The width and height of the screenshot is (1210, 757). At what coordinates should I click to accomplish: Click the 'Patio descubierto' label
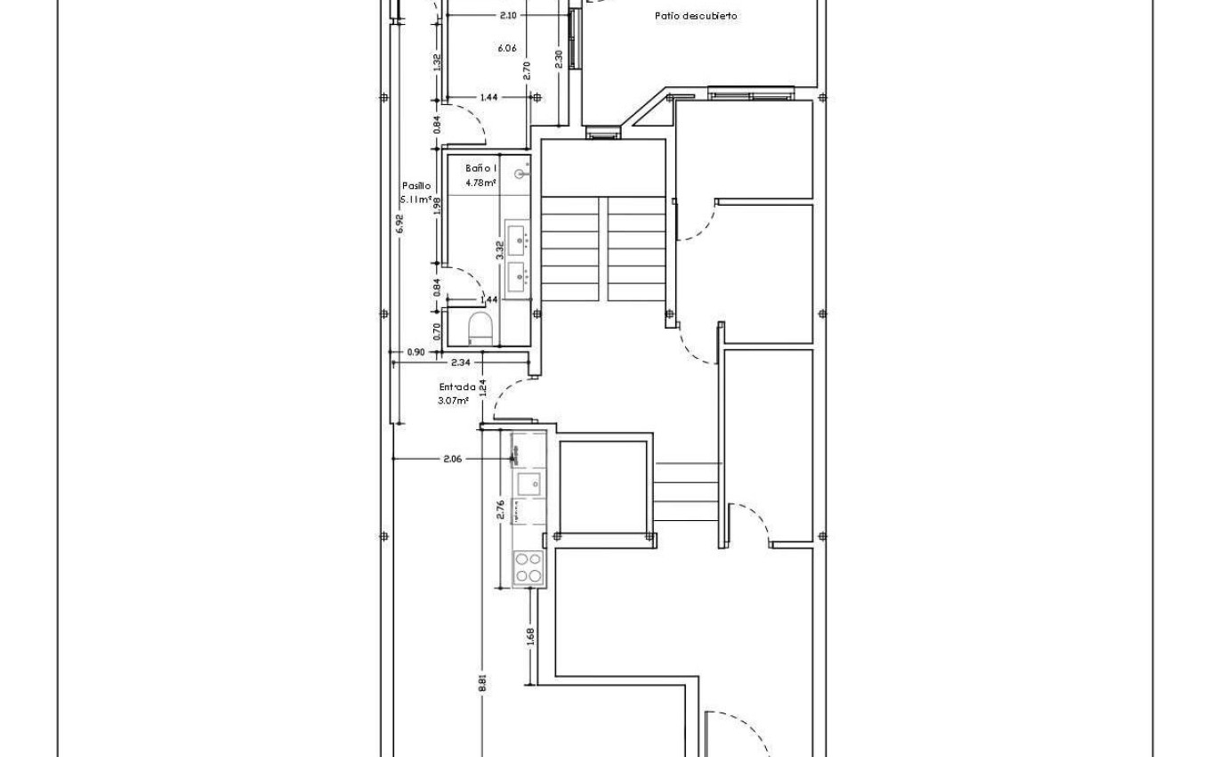[x=696, y=16]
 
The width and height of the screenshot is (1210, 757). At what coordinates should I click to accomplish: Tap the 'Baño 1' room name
[x=481, y=168]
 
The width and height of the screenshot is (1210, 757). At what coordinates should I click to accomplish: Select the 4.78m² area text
[x=480, y=183]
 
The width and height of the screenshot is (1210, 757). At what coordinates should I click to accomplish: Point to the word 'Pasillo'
[x=416, y=186]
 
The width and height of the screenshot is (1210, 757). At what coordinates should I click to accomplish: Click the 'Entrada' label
[x=456, y=387]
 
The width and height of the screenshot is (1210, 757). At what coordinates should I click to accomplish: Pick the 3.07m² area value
[x=453, y=401]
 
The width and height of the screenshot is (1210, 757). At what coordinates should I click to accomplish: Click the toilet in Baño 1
[x=480, y=327]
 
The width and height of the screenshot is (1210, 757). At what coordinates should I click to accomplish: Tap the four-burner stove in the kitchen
[x=528, y=567]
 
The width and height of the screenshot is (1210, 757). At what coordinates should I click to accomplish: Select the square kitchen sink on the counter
[x=528, y=484]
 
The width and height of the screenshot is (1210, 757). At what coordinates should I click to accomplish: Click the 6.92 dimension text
[x=399, y=224]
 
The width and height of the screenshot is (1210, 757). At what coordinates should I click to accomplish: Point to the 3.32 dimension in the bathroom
[x=500, y=250]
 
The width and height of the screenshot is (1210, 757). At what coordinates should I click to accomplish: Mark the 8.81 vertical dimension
[x=482, y=682]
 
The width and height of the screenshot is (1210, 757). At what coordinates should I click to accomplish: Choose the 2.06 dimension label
[x=452, y=459]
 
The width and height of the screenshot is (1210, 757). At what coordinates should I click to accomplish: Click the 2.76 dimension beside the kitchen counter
[x=501, y=509]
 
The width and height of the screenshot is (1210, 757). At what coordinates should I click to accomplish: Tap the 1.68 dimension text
[x=530, y=637]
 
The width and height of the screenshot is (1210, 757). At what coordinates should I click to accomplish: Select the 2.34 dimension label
[x=460, y=362]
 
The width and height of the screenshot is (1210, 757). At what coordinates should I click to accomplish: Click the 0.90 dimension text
[x=415, y=353]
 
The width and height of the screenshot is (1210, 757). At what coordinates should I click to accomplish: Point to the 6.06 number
[x=506, y=48]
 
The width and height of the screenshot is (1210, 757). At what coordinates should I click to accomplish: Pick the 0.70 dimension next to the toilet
[x=437, y=330]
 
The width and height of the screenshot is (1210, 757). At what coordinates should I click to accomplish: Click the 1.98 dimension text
[x=437, y=208]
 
